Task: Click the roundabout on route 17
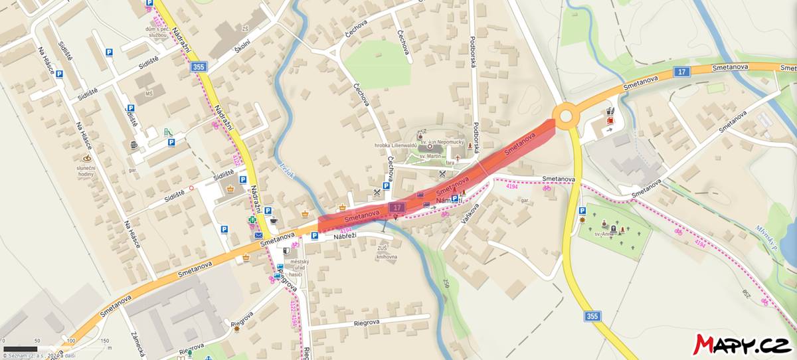coord(565,117)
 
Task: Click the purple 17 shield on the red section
coord(397,208)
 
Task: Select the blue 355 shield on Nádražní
coord(198,66)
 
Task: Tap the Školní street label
coord(242,45)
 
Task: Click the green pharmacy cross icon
coord(252,220)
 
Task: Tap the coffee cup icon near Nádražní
coord(274,219)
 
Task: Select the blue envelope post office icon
coord(258,235)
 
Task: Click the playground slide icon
coord(168,132)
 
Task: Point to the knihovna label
coord(386,256)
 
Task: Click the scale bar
coord(20,348)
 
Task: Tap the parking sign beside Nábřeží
coord(315,235)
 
